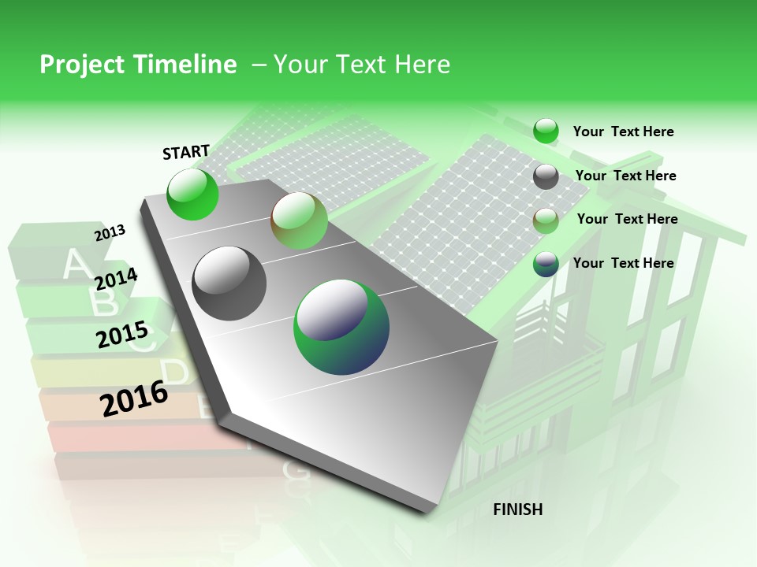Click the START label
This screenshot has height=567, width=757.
[x=186, y=152]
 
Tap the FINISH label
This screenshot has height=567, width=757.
[x=517, y=510]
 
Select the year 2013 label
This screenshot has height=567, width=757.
[x=110, y=233]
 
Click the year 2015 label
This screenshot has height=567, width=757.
[x=122, y=335]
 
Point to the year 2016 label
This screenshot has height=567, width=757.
[x=134, y=398]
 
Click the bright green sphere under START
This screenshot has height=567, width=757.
[x=192, y=194]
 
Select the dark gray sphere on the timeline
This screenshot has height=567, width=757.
[x=229, y=283]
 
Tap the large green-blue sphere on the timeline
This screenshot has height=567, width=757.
[x=341, y=327]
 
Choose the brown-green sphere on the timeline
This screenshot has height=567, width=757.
[x=299, y=220]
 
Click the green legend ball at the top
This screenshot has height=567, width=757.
[x=546, y=131]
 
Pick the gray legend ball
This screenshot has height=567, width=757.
[x=546, y=176]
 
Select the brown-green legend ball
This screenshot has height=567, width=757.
[x=546, y=220]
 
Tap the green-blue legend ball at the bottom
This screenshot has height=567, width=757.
[x=546, y=265]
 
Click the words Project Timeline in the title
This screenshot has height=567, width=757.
[x=138, y=65]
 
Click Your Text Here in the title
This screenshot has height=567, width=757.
[x=361, y=65]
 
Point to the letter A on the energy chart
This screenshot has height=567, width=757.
[x=76, y=264]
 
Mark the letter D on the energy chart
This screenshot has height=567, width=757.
[x=175, y=372]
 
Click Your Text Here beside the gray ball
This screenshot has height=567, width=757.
[x=625, y=176]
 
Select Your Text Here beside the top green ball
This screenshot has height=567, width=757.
[x=623, y=132]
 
